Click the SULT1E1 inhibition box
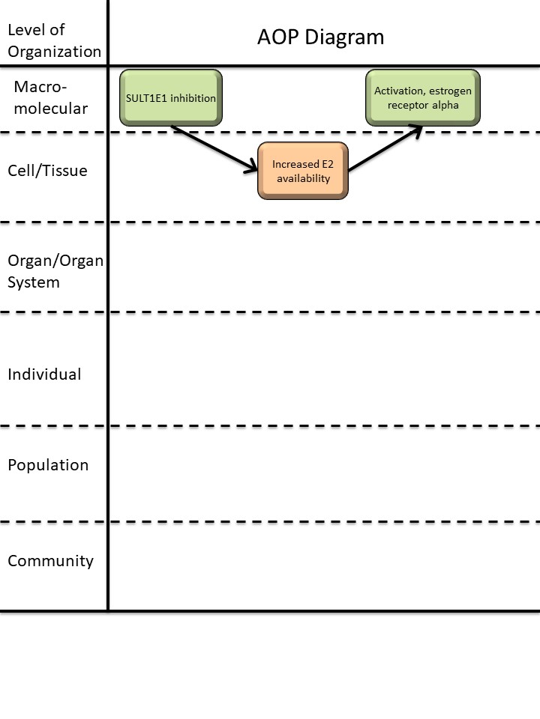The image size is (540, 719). pos(171,97)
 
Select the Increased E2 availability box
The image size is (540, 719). pos(303,171)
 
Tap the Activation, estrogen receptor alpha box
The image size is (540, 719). pos(423,97)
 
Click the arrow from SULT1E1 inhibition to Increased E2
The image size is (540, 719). pos(214,151)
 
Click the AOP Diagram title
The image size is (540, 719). pos(321,37)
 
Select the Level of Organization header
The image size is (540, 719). pos(53,40)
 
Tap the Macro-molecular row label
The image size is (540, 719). pos(50,97)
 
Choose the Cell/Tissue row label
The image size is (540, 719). pos(47,171)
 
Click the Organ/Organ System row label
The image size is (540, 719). pos(55,271)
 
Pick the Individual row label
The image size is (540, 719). pos(44,374)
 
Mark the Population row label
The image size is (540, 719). pos(48,465)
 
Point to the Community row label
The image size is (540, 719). pos(50,561)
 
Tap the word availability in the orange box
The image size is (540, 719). pos(303,178)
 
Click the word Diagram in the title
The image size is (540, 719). pos(349,37)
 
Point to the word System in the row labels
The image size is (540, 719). pos(34,282)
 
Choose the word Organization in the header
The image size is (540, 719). pos(54,52)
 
